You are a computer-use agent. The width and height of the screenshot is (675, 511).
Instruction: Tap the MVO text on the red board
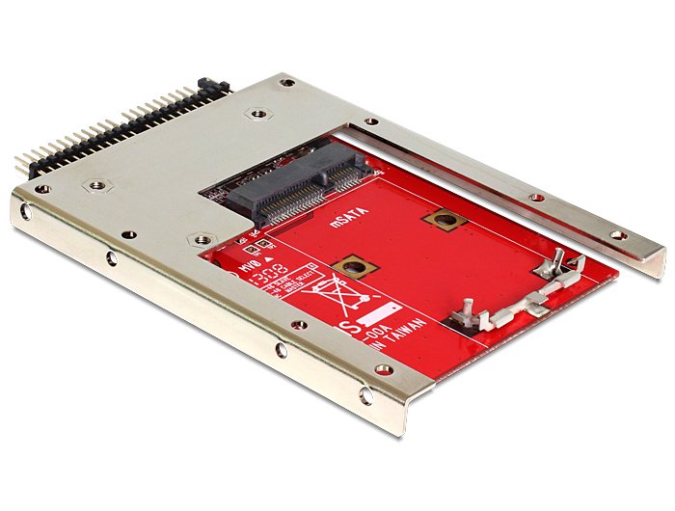230,255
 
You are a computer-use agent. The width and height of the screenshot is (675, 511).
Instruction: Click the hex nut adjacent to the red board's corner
201,239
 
